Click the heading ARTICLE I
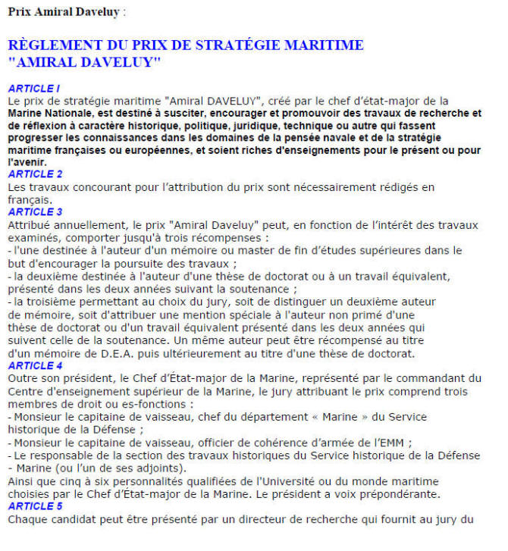tap(33, 89)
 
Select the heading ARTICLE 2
tap(35, 174)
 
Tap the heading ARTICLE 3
tap(35, 211)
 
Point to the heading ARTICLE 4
tap(35, 365)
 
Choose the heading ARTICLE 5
tap(35, 506)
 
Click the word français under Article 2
tap(28, 199)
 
